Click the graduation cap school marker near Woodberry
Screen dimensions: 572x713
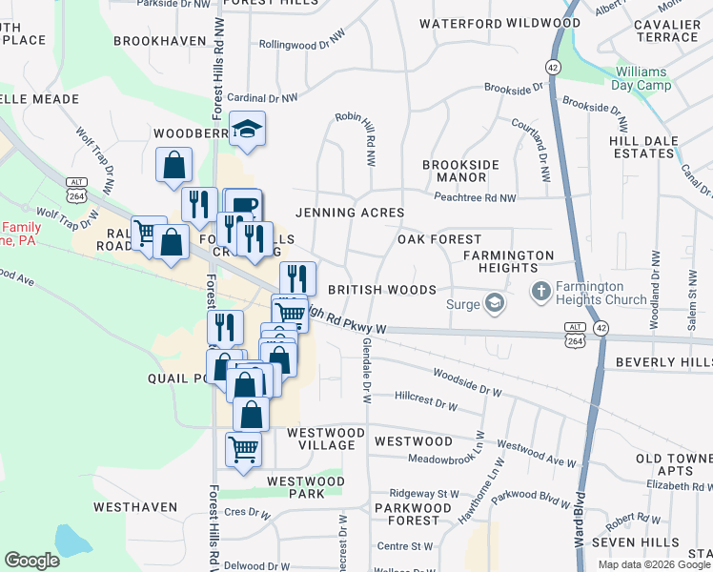pyautogui.click(x=247, y=129)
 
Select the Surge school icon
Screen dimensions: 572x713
pyautogui.click(x=494, y=304)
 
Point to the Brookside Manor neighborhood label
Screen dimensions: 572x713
pyautogui.click(x=460, y=171)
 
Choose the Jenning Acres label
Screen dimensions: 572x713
pyautogui.click(x=350, y=213)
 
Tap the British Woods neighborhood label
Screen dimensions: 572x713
pyautogui.click(x=381, y=289)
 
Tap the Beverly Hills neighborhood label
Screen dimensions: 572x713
pyautogui.click(x=663, y=362)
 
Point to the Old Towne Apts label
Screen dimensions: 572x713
pyautogui.click(x=675, y=465)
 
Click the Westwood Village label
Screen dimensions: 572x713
pyautogui.click(x=326, y=439)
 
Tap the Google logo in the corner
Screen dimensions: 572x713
pyautogui.click(x=31, y=561)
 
